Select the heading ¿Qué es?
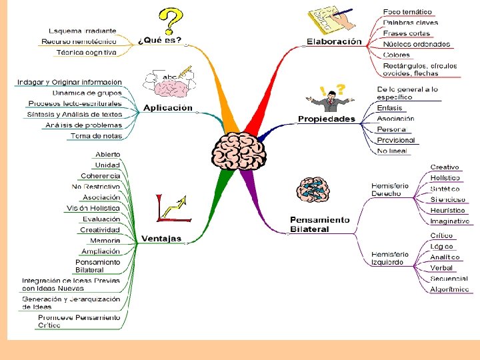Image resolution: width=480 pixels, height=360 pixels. tap(159, 39)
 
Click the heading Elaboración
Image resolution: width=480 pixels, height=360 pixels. tap(334, 41)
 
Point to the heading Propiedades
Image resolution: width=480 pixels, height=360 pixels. tap(327, 119)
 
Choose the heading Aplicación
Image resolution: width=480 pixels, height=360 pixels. tap(167, 108)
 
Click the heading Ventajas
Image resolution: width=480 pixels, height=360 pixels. tap(161, 239)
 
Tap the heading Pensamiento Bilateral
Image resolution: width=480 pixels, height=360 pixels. tap(319, 224)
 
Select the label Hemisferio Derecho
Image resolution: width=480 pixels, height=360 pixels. tap(390, 189)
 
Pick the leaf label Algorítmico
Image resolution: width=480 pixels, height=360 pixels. tap(449, 289)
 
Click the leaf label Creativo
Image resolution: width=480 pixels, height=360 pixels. tap(445, 167)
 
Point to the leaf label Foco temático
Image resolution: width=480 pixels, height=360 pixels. tap(407, 12)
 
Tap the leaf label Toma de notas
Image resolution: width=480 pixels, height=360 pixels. tap(96, 136)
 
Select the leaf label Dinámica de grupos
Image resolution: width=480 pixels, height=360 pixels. tap(87, 93)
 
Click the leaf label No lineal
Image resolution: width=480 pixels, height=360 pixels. tap(393, 151)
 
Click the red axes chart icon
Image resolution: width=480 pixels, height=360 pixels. tap(173, 207)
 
